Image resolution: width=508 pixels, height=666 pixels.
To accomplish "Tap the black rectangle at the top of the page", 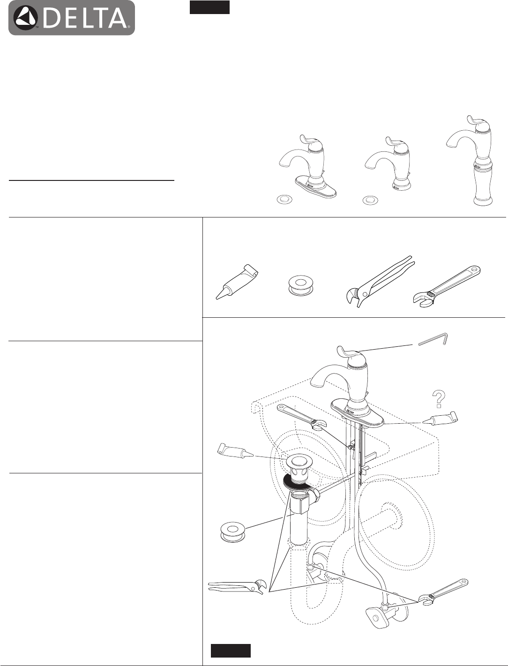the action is (x=209, y=7).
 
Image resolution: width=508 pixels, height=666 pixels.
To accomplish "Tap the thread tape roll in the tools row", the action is (x=300, y=286).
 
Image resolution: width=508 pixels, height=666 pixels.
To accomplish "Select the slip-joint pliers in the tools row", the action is (x=380, y=282).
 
